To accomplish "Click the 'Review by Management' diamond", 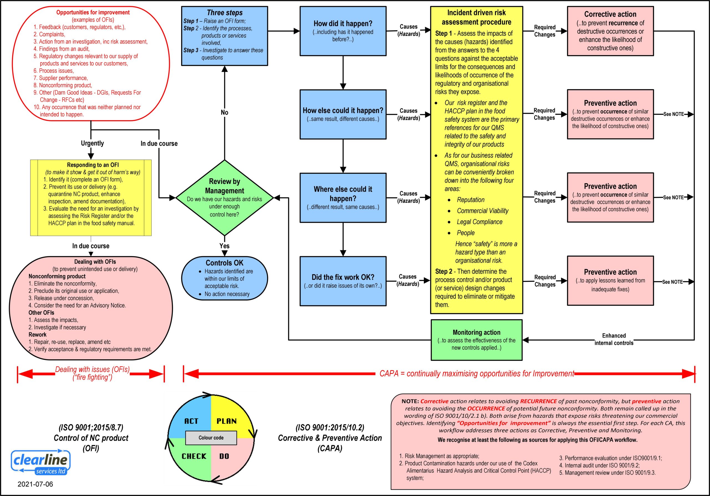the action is point(224,197).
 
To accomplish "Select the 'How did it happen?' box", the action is point(343,31).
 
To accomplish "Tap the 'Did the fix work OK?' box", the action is point(343,281).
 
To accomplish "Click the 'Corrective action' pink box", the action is point(610,31).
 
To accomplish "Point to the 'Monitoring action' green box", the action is point(476,340).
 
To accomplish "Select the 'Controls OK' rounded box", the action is point(224,278).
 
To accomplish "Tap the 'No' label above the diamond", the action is point(224,112).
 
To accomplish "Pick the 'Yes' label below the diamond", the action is point(224,246).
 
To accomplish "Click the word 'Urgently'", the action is point(92,143).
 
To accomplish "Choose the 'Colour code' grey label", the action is point(211,437).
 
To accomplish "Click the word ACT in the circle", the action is point(191,421).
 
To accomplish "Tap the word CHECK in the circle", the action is point(194,456).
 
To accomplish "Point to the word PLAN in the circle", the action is point(227,421).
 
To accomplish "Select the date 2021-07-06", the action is point(35,484).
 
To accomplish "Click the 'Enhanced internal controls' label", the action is point(614,339).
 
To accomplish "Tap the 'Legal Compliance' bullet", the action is point(480,222).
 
